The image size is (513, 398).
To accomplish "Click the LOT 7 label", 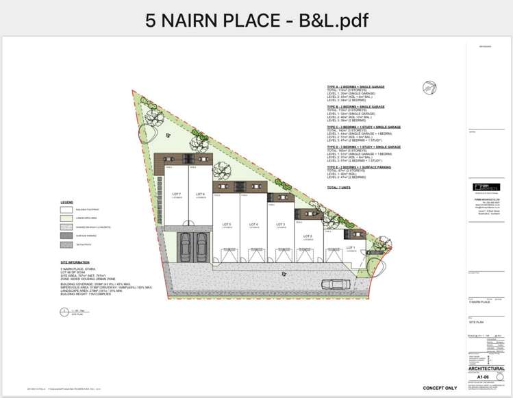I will (176, 194).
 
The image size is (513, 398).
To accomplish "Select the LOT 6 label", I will (200, 194).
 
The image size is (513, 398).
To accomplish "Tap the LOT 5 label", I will (226, 224).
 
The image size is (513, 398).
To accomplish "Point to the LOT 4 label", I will (253, 224).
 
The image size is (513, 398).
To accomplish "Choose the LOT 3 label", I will (280, 224).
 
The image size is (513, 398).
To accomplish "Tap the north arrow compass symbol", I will (430, 87).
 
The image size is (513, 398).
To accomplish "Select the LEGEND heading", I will (66, 203).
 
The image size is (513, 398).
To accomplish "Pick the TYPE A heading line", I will (355, 87).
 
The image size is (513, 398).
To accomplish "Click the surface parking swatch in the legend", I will (66, 235).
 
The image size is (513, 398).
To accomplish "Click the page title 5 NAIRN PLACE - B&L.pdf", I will (256, 20).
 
